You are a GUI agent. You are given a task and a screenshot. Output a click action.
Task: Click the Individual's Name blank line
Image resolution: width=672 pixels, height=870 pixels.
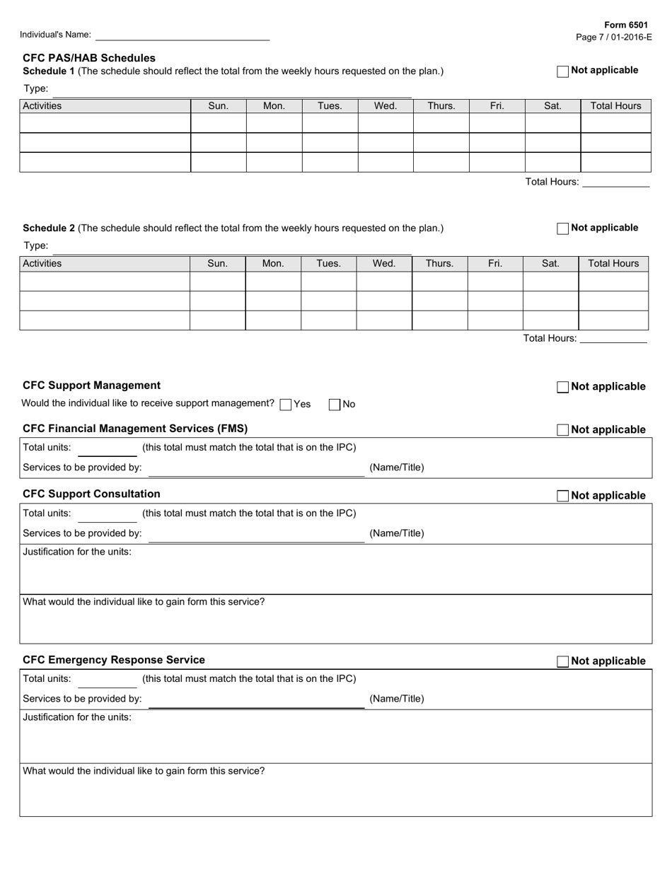point(182,35)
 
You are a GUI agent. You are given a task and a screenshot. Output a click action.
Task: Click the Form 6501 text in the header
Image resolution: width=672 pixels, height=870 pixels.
point(626,25)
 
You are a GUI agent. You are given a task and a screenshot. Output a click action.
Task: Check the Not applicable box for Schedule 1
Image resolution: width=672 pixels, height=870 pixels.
point(562,71)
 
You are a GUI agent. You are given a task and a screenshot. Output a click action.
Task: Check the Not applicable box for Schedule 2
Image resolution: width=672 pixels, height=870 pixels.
point(562,228)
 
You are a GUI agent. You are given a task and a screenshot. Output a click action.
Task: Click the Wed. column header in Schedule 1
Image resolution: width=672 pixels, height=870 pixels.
point(385,106)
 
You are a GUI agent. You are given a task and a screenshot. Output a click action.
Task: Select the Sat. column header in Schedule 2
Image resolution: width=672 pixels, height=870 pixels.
point(550,264)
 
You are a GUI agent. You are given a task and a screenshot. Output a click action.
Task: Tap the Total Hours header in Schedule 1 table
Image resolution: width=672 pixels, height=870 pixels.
point(615,106)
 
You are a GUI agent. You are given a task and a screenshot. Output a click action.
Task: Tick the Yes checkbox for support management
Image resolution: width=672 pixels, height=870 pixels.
point(286,405)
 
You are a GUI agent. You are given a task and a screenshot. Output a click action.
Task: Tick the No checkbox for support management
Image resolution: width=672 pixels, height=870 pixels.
point(335,405)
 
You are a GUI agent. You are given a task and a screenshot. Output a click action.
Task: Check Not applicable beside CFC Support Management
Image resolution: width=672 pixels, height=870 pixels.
point(562,387)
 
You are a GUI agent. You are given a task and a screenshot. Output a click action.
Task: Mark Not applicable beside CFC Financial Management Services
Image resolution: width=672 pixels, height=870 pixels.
point(562,430)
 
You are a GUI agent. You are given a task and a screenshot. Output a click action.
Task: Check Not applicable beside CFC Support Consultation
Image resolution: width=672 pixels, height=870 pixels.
point(562,496)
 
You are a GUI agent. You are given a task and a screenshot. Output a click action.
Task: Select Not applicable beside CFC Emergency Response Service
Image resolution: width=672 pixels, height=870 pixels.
point(562,661)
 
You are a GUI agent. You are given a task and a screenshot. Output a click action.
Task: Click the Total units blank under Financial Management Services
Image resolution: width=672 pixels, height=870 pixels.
point(107,449)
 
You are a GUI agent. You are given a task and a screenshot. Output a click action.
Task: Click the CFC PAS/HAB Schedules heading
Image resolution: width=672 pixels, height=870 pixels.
point(89,58)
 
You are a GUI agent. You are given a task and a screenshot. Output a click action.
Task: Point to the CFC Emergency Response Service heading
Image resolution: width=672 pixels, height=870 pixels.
point(114,660)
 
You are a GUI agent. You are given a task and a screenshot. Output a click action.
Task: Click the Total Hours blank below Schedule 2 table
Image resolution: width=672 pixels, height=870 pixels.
point(613,339)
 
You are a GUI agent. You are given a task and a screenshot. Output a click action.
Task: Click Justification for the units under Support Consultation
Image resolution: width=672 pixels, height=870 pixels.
point(77,552)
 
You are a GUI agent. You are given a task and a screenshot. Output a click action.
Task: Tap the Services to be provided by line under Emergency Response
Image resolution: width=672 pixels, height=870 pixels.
point(256,700)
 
